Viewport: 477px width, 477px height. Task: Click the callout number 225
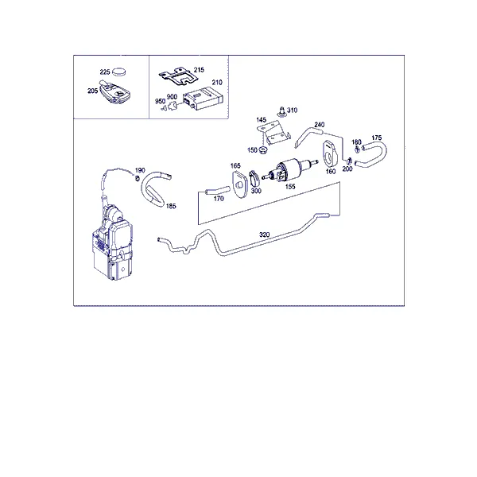click(x=105, y=72)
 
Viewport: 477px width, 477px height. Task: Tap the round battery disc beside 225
click(x=119, y=72)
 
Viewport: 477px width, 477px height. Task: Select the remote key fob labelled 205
click(x=115, y=92)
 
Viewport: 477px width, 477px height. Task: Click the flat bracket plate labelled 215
click(x=179, y=77)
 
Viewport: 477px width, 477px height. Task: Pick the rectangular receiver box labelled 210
click(x=203, y=98)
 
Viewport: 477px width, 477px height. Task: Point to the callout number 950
click(x=160, y=101)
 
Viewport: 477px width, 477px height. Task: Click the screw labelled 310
click(x=281, y=111)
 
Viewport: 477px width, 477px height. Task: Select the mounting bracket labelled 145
click(x=273, y=133)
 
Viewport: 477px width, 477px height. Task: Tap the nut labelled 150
click(x=262, y=150)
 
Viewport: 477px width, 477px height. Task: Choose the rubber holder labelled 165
click(x=238, y=184)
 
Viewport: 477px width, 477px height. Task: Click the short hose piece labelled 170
click(x=218, y=190)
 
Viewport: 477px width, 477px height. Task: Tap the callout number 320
click(x=265, y=235)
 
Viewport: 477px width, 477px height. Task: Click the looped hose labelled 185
click(x=154, y=188)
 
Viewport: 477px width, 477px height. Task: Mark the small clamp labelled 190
click(x=138, y=178)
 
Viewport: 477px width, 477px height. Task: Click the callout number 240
click(x=320, y=125)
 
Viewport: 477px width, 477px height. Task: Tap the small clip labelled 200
click(x=349, y=160)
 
